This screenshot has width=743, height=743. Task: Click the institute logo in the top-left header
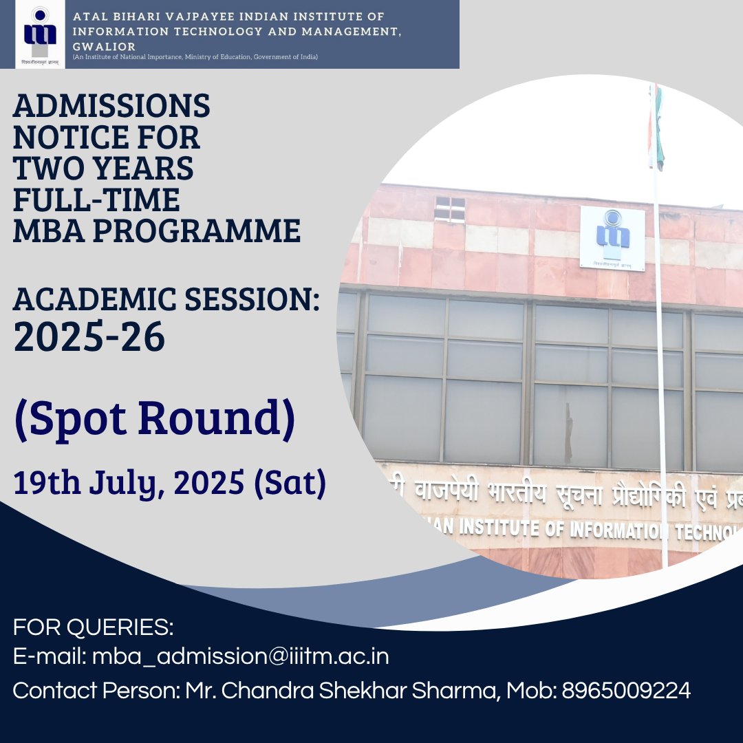point(35,34)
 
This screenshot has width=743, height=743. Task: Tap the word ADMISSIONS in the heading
point(111,107)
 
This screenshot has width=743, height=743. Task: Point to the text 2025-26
point(89,336)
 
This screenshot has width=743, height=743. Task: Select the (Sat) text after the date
point(290,484)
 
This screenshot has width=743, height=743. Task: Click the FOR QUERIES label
point(93,628)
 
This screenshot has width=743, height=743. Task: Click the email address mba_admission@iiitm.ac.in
point(241,656)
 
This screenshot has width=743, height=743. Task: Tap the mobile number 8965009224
point(626,691)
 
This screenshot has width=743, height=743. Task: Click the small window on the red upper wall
point(449,208)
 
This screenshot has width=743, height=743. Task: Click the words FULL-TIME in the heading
point(96,200)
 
